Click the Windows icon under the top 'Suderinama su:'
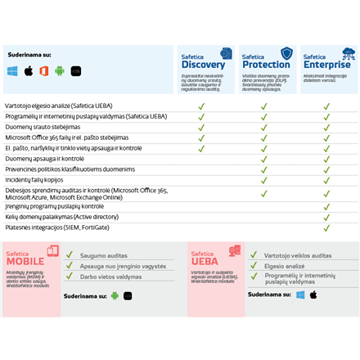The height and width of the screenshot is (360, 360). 13,71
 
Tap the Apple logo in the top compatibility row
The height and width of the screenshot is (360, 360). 29,71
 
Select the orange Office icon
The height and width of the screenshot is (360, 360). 44,71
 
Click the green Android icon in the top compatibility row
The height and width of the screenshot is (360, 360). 60,71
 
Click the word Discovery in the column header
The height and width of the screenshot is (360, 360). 204,65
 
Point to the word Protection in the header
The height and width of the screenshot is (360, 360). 266,65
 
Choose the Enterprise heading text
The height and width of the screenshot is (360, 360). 326,65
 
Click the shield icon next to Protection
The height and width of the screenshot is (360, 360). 286,53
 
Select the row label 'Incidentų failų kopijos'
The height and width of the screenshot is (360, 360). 34,179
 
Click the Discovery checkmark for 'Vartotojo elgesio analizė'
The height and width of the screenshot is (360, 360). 201,106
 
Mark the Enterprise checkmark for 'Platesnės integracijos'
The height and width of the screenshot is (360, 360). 326,228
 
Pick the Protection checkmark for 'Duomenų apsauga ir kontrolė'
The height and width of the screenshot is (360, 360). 264,159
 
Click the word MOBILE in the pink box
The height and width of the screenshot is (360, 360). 25,262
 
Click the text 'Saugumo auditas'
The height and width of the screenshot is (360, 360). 104,255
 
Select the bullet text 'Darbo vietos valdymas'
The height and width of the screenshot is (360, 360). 110,277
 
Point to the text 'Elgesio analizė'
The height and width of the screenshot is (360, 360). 284,266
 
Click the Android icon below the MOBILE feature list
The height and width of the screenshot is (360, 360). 115,296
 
